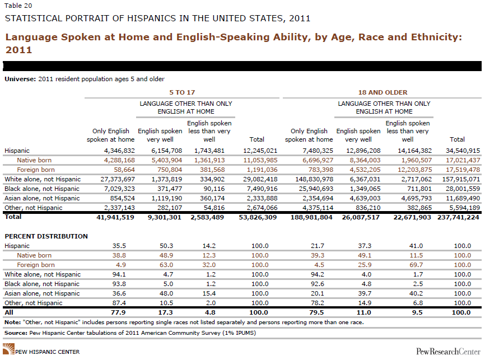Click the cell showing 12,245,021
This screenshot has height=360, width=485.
click(x=260, y=151)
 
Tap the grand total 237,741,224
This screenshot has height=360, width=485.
click(x=458, y=217)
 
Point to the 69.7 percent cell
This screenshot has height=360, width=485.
click(x=416, y=265)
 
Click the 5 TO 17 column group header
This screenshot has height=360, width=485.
click(x=182, y=92)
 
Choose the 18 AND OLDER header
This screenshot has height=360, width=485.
click(x=383, y=92)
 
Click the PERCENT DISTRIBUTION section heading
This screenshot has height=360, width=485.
click(x=46, y=236)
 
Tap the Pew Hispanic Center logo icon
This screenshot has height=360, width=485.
click(x=8, y=349)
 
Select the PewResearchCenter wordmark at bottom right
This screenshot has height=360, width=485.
click(x=448, y=352)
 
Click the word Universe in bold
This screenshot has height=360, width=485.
click(x=20, y=79)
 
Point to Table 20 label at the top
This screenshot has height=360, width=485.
click(x=18, y=6)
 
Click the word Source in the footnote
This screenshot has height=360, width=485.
click(x=16, y=333)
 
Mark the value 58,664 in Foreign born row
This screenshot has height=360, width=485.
click(x=124, y=170)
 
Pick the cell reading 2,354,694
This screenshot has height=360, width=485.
click(x=318, y=198)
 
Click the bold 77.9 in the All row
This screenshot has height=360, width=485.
click(x=118, y=312)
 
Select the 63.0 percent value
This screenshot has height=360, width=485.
click(x=166, y=265)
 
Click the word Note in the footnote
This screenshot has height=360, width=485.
click(x=12, y=322)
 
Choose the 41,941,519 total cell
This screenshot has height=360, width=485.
click(x=115, y=217)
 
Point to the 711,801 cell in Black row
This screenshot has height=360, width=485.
click(x=419, y=189)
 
